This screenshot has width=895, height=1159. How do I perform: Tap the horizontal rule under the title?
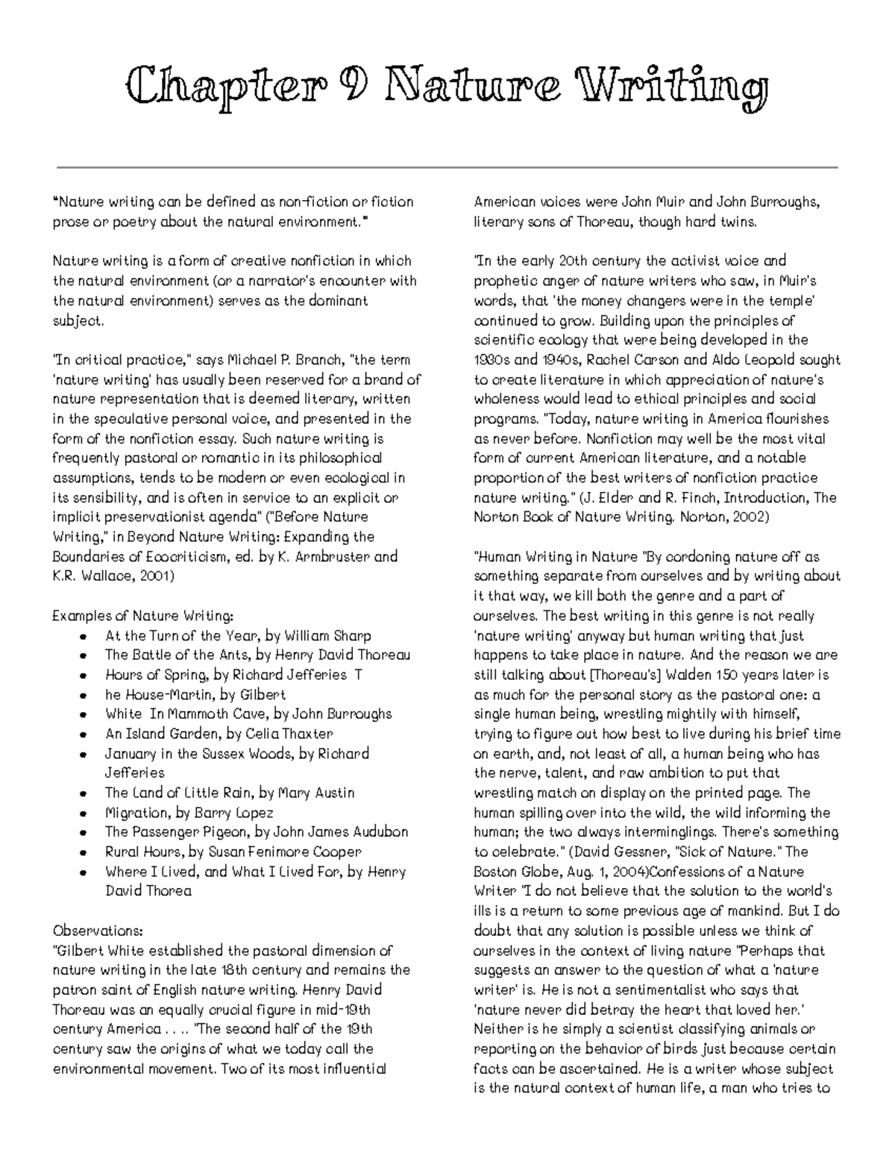447,167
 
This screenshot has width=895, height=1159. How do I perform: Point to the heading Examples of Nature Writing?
143,616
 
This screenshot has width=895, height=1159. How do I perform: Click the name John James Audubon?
341,832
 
